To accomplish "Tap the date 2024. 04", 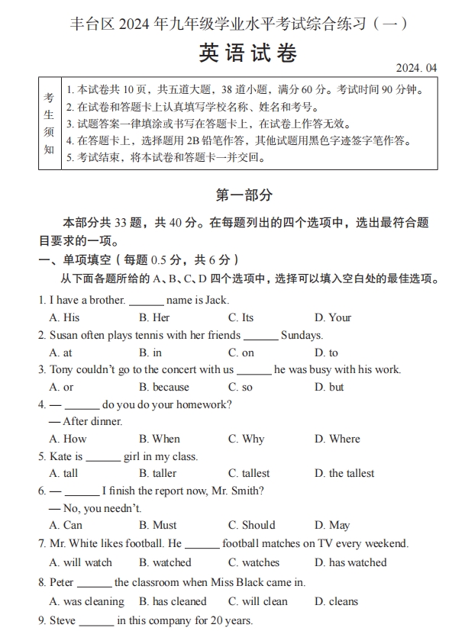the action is click(417, 69).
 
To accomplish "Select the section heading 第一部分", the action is click(244, 195).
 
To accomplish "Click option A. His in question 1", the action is click(64, 317).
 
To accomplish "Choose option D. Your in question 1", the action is click(333, 317).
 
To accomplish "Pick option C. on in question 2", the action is click(241, 353).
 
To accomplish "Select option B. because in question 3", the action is click(164, 387).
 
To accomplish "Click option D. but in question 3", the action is click(329, 387).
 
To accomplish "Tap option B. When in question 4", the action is click(160, 439).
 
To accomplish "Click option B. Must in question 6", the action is click(158, 525).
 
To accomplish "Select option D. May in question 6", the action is click(332, 525).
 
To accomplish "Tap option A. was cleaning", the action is click(86, 601).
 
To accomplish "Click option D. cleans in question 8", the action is click(336, 601).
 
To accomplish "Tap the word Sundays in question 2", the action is click(302, 335).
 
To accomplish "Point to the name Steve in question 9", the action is click(63, 620).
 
